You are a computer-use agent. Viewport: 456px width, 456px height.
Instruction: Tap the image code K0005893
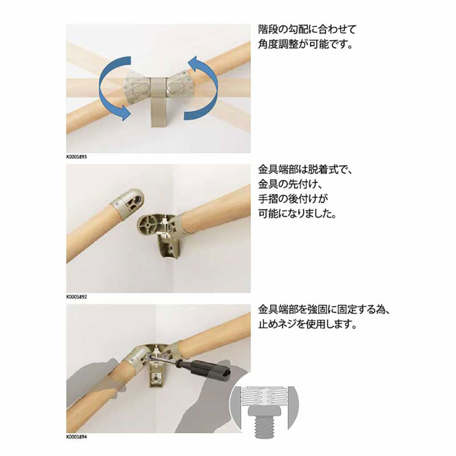77,156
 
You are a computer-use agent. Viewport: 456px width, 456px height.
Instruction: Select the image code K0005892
77,296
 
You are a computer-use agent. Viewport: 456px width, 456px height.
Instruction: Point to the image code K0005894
77,437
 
